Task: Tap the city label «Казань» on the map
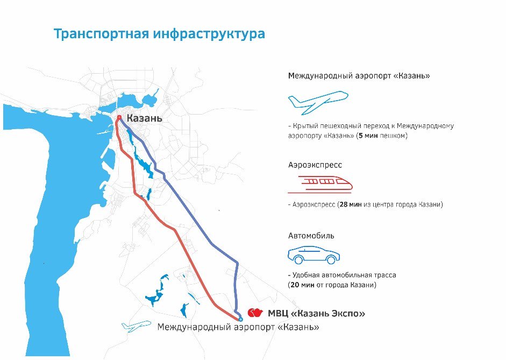pyautogui.click(x=144, y=118)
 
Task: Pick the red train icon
pyautogui.click(x=320, y=183)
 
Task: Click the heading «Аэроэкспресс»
pyautogui.click(x=315, y=165)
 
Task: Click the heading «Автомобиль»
pyautogui.click(x=311, y=236)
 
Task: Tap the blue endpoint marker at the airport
pyautogui.click(x=240, y=319)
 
